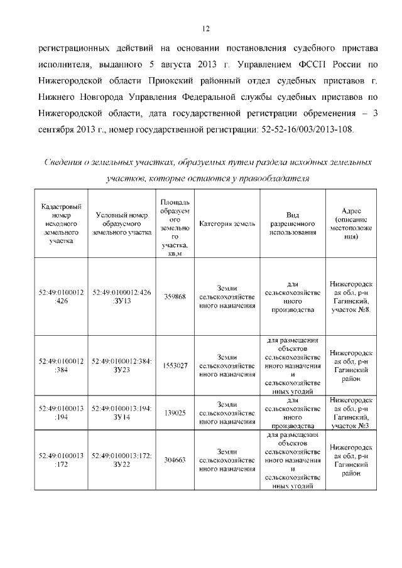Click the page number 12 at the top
click(205, 28)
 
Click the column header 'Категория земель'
click(227, 225)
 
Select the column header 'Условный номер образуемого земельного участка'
click(122, 225)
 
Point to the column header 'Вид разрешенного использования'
click(291, 225)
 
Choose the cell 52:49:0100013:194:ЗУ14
click(122, 412)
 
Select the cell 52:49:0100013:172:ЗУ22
click(122, 459)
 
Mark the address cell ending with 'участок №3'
click(351, 412)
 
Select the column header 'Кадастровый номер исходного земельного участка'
click(60, 225)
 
